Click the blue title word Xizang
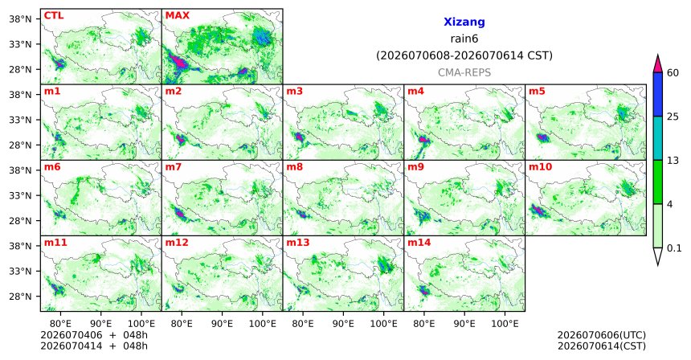point(464,22)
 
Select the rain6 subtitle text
point(464,39)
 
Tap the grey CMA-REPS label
point(464,72)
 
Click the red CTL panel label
point(54,16)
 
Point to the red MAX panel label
point(177,16)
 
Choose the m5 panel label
point(537,92)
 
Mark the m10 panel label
point(540,167)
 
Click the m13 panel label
point(298,243)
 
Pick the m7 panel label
point(174,167)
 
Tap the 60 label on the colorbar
point(673,73)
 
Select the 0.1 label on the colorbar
point(674,248)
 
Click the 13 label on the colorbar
point(673,161)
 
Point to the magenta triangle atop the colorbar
point(658,65)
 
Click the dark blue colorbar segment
point(658,94)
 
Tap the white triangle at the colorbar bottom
point(658,256)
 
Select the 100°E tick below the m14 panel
point(505,324)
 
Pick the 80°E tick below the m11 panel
point(60,324)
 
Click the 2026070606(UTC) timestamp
point(602,335)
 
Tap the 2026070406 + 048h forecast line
point(94,335)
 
